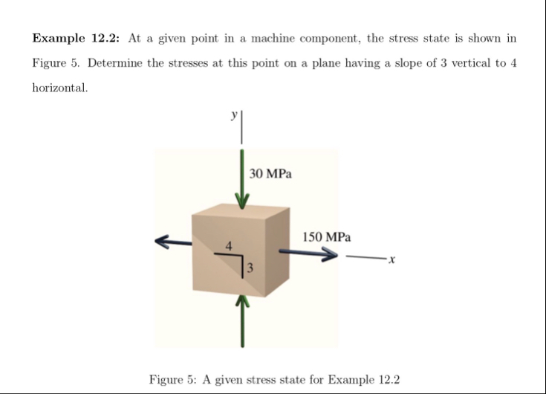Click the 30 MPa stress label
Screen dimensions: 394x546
pos(270,174)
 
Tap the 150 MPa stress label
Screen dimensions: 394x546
pos(327,237)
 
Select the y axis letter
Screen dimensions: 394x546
pos(234,115)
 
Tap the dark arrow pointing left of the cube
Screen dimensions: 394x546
pos(172,240)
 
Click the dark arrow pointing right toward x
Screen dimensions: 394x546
pos(309,253)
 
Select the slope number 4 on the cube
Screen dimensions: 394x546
pos(230,245)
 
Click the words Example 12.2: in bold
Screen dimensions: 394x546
pos(77,38)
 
